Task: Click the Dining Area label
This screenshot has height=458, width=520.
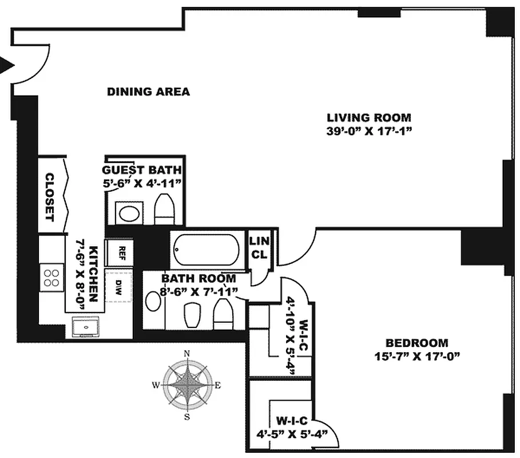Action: tap(148, 92)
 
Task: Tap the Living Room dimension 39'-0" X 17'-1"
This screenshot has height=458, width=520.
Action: tap(369, 131)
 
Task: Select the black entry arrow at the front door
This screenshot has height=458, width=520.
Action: tap(7, 65)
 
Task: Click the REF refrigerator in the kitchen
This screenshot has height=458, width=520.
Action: tap(120, 253)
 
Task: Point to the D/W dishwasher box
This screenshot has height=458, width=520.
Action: tap(118, 286)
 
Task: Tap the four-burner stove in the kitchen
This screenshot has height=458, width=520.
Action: tap(51, 278)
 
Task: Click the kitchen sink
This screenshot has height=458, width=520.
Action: tap(86, 327)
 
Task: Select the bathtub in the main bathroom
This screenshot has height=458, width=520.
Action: tap(207, 250)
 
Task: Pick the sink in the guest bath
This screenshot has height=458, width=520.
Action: tap(129, 213)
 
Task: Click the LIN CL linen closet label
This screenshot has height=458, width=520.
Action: tap(259, 247)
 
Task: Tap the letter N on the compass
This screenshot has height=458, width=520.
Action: tap(186, 354)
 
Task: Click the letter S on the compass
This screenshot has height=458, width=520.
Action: tap(187, 417)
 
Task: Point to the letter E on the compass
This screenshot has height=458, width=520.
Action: tap(218, 385)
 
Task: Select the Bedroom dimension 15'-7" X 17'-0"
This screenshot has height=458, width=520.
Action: tap(417, 357)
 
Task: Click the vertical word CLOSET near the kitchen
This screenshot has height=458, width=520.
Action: tap(49, 197)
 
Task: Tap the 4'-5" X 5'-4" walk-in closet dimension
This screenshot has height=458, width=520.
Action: tap(292, 434)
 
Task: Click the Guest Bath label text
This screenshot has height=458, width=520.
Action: tap(142, 170)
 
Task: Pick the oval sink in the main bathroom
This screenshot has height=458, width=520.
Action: tap(153, 301)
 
